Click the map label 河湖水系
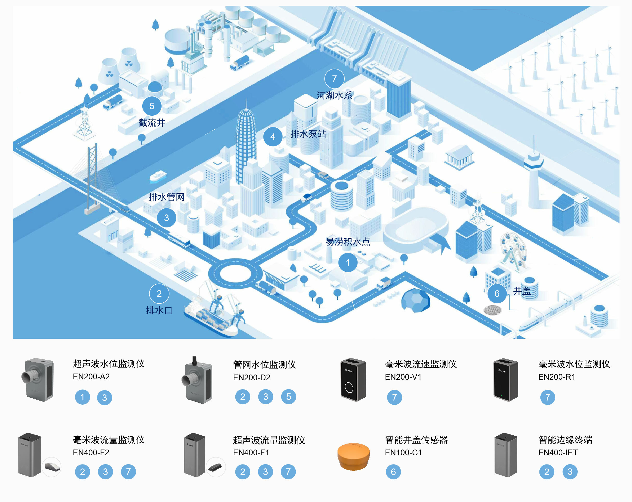pos(334,95)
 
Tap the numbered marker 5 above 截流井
pos(152,106)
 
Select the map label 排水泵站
pos(308,134)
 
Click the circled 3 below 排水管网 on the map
pos(167,218)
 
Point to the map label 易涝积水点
pos(348,242)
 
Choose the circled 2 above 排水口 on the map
pos(159,294)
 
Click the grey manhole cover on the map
pos(493,309)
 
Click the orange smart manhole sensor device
pos(354,456)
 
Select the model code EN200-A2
pos(91,376)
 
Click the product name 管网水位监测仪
pos(264,364)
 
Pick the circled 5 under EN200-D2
pos(289,397)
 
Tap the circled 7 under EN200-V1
pos(394,397)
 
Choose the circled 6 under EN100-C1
pos(393,472)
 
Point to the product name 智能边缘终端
pos(565,440)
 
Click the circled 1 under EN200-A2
pos(82,397)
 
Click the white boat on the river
pos(158,176)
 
